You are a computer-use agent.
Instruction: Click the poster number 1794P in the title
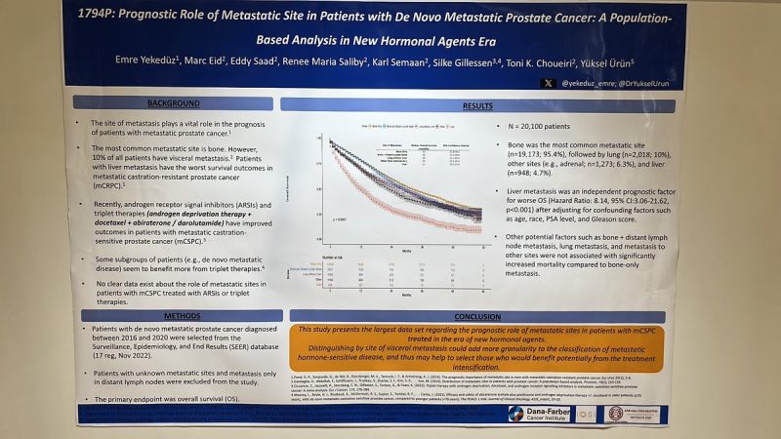(x=106, y=18)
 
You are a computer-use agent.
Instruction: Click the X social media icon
(x=549, y=83)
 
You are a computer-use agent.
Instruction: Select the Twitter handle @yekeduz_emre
(x=591, y=83)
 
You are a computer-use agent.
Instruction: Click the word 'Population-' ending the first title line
(x=674, y=18)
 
